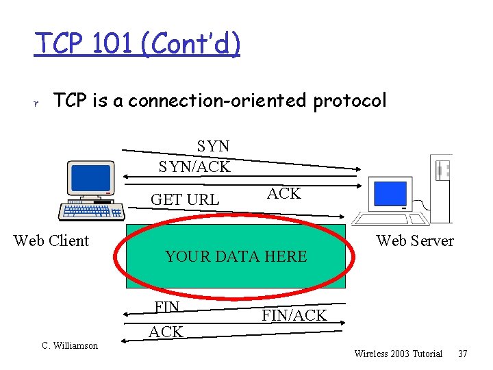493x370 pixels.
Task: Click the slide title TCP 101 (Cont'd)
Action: tap(138, 45)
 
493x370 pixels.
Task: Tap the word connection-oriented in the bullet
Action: tap(218, 101)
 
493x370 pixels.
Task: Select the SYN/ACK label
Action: tap(194, 166)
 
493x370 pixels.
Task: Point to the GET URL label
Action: tap(185, 199)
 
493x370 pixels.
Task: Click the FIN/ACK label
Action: tap(294, 315)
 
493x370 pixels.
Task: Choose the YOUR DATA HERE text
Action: tap(236, 256)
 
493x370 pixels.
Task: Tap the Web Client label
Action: tap(51, 241)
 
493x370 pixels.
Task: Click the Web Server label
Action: tap(415, 241)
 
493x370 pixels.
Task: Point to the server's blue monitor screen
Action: tap(389, 190)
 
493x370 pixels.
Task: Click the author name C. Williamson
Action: tap(70, 345)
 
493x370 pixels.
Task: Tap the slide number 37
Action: tap(463, 354)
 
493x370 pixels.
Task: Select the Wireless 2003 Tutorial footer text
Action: tap(398, 354)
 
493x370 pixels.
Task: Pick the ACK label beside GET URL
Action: tap(283, 194)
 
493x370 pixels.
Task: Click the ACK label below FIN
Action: tap(166, 332)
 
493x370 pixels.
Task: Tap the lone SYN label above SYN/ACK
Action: tap(213, 146)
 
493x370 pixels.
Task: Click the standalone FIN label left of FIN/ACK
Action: tap(167, 307)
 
